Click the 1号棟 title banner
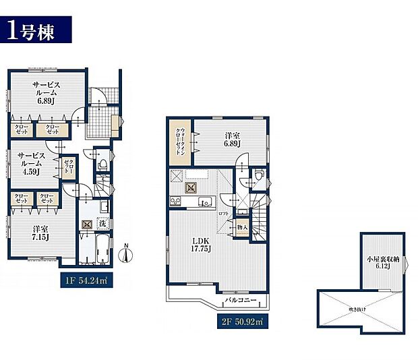[39, 30]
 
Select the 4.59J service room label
[30, 163]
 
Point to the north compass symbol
[126, 253]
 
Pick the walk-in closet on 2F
[180, 141]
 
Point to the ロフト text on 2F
[225, 213]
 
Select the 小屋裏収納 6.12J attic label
[382, 262]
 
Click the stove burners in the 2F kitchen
[175, 202]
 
